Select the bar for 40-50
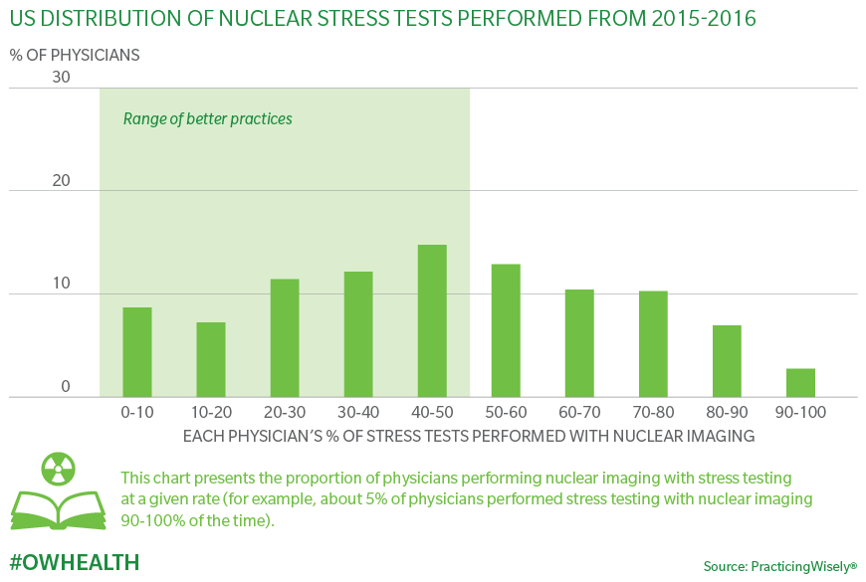click(x=432, y=320)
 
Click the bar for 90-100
click(x=800, y=383)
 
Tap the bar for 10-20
click(x=211, y=359)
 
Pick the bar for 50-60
click(x=506, y=330)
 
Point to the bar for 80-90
click(x=727, y=361)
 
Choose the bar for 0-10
click(x=137, y=352)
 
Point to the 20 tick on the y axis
click(x=61, y=181)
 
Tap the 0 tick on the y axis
click(x=66, y=387)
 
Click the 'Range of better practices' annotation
click(x=208, y=118)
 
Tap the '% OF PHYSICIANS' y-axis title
click(x=75, y=55)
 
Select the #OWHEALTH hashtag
click(x=75, y=562)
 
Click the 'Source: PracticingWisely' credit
click(x=779, y=566)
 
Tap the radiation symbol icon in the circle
click(x=59, y=469)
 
